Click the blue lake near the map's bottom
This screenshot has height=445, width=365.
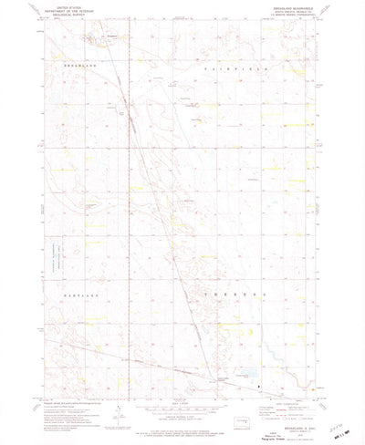tap(245, 374)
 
